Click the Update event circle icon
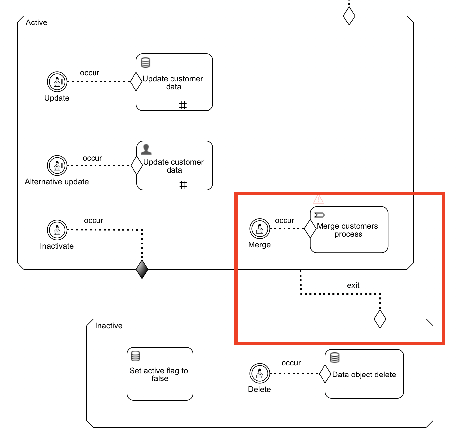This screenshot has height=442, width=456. point(57,81)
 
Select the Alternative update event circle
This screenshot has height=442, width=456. point(57,165)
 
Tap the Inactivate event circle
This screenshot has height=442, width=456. point(57,230)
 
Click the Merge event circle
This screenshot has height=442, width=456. point(260,228)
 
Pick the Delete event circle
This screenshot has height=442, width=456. point(260,373)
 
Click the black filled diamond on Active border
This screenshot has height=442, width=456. point(142,269)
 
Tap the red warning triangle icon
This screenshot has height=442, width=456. point(318,199)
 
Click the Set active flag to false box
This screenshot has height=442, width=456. point(160,374)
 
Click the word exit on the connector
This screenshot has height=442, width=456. point(353,285)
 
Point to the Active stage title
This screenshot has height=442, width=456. point(37,22)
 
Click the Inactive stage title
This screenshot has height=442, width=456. point(109,326)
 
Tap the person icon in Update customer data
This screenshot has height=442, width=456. point(146,149)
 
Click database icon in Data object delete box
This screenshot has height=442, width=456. point(335,358)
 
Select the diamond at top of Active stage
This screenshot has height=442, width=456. point(349,16)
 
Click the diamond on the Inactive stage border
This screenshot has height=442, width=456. point(380,319)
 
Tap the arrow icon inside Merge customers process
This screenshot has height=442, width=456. point(320,215)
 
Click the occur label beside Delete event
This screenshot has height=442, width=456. point(291,363)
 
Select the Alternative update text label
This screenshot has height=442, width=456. point(57,182)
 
